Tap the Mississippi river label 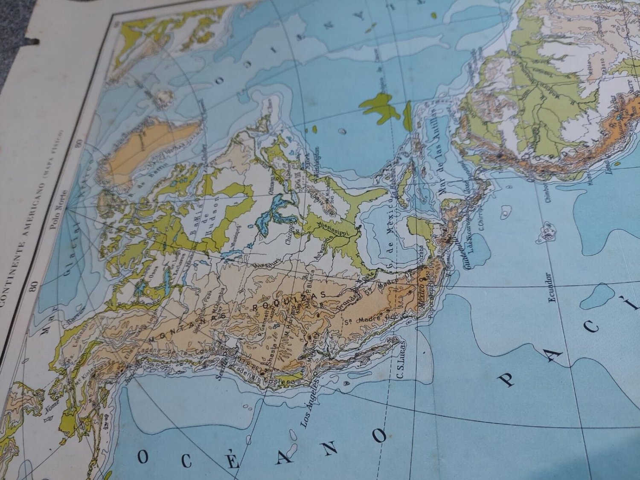[x=335, y=227]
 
